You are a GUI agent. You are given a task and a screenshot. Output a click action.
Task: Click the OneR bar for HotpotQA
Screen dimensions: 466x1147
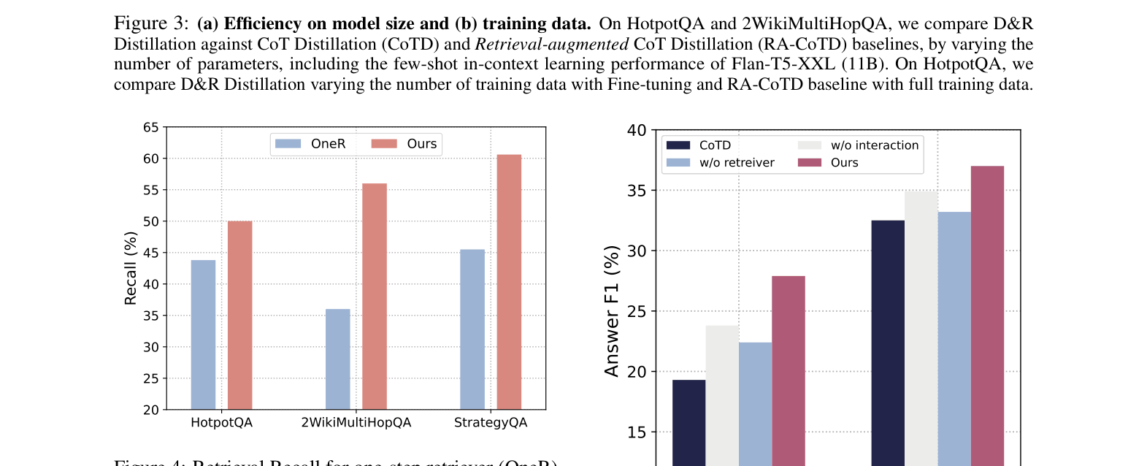point(203,335)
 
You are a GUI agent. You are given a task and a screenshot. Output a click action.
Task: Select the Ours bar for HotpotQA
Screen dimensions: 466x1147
point(239,315)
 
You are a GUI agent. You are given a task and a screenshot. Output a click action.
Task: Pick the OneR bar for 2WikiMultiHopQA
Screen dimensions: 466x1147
point(337,359)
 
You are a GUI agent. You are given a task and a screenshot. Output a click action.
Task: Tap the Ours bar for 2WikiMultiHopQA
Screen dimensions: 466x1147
point(375,296)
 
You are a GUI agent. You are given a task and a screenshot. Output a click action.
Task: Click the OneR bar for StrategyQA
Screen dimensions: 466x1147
point(472,329)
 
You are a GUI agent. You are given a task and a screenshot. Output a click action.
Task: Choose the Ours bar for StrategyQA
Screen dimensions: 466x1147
point(509,281)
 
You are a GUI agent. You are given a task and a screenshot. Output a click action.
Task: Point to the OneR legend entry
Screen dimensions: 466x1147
point(310,144)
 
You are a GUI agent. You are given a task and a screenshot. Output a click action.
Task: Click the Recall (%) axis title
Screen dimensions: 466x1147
point(131,268)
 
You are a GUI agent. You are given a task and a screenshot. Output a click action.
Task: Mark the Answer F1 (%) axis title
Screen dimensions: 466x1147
point(612,311)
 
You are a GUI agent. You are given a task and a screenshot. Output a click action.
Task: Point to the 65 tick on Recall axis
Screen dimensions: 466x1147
point(150,127)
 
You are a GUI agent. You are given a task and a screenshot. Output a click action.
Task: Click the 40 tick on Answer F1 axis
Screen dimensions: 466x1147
point(637,131)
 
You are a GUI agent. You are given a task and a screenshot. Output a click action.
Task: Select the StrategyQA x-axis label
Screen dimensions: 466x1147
point(490,423)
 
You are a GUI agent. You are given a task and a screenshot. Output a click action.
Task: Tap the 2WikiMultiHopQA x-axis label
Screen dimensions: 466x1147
point(356,423)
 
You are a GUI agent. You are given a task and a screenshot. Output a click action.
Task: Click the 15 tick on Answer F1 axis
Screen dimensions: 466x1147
point(637,432)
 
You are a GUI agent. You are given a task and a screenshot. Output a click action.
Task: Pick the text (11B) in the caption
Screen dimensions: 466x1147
point(864,64)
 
